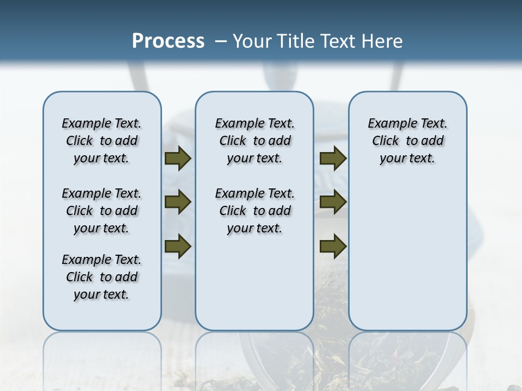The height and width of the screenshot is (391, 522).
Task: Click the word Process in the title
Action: [168, 41]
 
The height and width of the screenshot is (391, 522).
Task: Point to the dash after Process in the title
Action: [221, 42]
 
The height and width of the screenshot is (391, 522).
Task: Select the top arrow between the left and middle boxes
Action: [177, 159]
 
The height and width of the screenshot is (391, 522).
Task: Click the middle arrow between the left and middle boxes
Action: [177, 203]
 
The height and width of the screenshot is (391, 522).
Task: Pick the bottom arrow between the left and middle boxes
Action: [177, 247]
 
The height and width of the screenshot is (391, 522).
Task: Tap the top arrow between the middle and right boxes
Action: [333, 159]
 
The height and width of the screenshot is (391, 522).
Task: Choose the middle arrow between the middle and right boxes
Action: [333, 203]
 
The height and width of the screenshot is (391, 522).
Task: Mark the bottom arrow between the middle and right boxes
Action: [333, 247]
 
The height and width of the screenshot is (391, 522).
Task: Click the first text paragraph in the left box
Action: [102, 141]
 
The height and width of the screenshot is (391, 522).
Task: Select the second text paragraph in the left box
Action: [102, 211]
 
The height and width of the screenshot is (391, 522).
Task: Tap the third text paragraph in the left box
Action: [102, 277]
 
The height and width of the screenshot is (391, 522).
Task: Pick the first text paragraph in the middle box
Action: [254, 141]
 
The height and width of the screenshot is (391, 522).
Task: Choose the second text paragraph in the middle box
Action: [254, 211]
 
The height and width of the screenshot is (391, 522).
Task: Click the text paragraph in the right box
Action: [407, 141]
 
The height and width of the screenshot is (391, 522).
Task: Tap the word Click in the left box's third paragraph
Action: [79, 277]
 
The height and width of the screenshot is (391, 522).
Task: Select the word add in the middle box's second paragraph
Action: [279, 211]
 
